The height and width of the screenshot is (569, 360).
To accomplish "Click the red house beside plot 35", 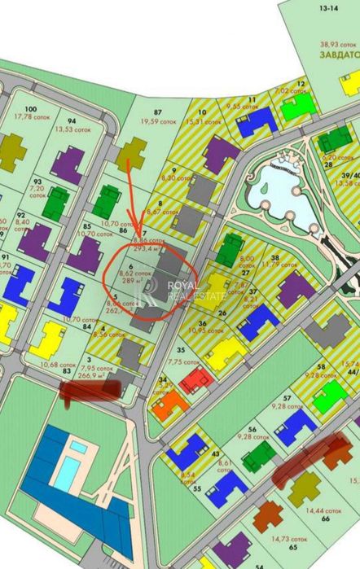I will click(194, 379).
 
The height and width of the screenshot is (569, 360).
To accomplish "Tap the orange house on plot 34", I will click(170, 402).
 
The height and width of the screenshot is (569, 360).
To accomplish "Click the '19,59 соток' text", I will click(159, 121).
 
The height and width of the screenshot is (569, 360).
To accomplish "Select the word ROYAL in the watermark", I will click(184, 286).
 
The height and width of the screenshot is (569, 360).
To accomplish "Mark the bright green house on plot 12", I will click(301, 105).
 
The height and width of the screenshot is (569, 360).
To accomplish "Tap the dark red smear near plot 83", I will click(90, 392).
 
